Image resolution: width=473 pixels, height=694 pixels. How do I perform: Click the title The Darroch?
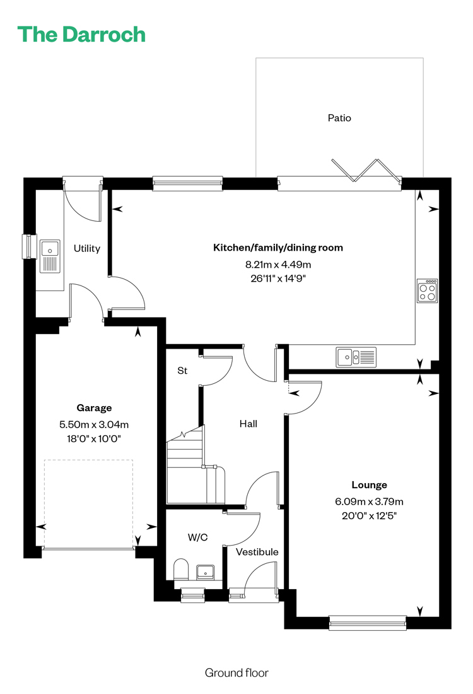tap(81, 35)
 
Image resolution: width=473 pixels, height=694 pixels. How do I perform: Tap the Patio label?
tap(339, 117)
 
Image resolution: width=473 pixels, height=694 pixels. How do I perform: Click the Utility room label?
tap(86, 248)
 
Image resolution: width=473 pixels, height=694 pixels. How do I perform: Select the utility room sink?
tap(50, 256)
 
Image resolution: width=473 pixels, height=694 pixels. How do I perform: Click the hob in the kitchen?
tap(428, 290)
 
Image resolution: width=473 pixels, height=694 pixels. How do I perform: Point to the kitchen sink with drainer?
tap(356, 357)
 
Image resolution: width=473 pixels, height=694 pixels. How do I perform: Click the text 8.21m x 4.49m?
tap(278, 265)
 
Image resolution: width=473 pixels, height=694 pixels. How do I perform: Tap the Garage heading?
tap(94, 408)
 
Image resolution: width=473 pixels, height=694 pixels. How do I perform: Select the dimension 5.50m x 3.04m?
tap(94, 424)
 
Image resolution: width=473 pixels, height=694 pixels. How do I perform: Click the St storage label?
tap(182, 371)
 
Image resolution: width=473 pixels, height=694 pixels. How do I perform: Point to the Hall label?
tap(248, 424)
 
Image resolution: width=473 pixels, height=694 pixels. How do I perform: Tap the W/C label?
tap(197, 537)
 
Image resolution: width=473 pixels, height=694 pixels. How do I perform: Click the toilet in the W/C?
tap(181, 570)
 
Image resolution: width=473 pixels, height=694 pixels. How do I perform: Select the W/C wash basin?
tap(205, 572)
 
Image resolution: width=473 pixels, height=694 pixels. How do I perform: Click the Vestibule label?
tap(257, 552)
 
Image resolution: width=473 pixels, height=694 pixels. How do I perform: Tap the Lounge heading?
tap(369, 484)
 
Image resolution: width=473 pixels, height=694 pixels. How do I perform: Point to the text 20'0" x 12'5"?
tap(369, 516)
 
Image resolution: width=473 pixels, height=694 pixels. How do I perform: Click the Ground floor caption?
tap(237, 673)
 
